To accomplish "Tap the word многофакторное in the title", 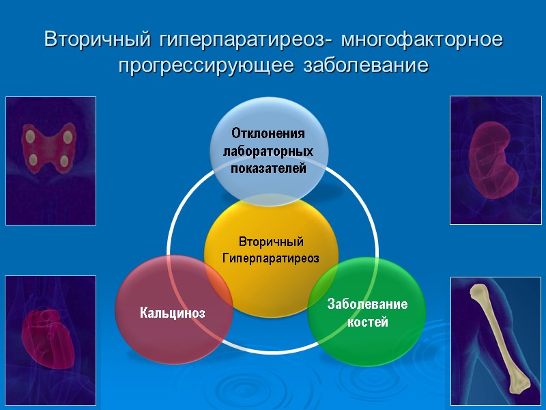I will [x=422, y=40].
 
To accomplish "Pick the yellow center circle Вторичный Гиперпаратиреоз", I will [x=271, y=253].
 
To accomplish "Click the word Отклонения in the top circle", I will [x=268, y=133].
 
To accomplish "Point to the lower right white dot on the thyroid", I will [x=64, y=162].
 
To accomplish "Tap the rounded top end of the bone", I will [x=477, y=293].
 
